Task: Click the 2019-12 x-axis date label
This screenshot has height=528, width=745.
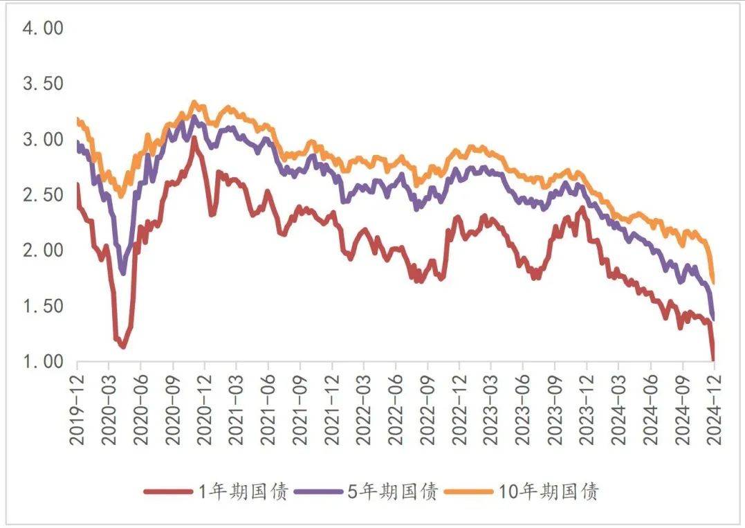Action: click(x=77, y=409)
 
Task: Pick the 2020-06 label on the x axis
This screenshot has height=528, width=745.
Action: click(x=140, y=409)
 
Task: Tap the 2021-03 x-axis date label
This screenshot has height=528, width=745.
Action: click(x=236, y=409)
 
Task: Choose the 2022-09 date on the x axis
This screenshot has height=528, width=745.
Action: click(x=427, y=409)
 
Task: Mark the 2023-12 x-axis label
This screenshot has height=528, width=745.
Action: click(x=587, y=409)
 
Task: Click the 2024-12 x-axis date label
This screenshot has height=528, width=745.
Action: click(x=714, y=409)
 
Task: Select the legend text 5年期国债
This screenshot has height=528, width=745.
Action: click(x=392, y=492)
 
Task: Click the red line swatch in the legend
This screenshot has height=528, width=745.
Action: click(x=167, y=492)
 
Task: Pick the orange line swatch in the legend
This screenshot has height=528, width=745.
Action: click(x=468, y=492)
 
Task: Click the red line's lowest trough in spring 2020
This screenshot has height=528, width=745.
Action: click(x=123, y=346)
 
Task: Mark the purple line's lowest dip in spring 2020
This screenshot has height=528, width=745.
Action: click(x=123, y=273)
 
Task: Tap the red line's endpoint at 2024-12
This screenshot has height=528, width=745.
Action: click(x=714, y=359)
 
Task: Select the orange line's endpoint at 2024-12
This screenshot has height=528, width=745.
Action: click(x=713, y=282)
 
